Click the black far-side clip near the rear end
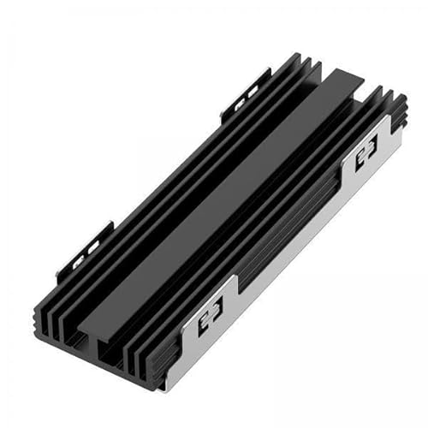241,98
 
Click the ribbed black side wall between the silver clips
282,231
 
